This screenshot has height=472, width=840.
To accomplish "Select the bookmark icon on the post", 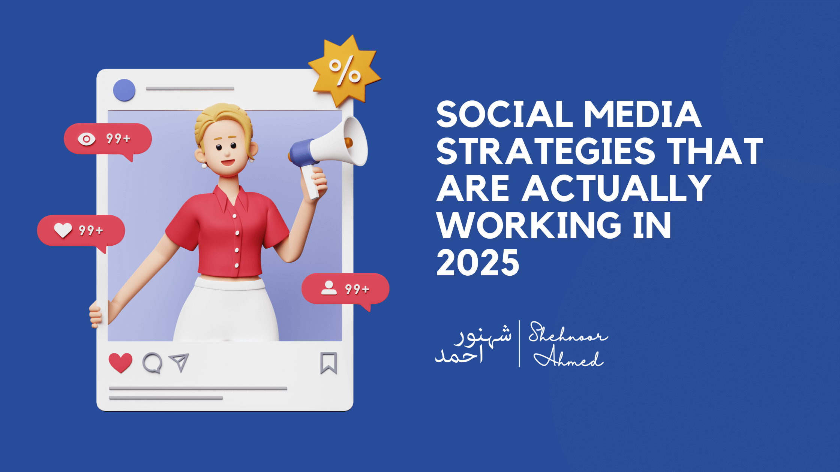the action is [x=328, y=363].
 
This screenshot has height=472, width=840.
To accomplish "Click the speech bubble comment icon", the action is [x=152, y=363].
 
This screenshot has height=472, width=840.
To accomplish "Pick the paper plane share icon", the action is [x=179, y=362].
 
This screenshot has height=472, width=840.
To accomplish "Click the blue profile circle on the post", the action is [x=124, y=90].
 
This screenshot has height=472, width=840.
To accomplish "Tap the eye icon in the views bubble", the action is [x=87, y=139].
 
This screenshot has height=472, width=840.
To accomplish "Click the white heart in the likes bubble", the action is [x=63, y=230].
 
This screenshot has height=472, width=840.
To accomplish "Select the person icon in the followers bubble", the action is [x=329, y=288].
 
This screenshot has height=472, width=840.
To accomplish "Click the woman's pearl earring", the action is [x=204, y=165].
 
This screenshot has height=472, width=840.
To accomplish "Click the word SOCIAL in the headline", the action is [x=505, y=114].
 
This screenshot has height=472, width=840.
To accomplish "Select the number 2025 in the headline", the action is [x=478, y=263].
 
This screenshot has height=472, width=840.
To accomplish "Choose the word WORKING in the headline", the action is [x=529, y=226].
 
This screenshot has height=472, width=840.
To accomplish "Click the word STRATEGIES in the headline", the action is [x=546, y=151].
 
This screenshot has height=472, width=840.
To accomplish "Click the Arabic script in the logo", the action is [x=473, y=344].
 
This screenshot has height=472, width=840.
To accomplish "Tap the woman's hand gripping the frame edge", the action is [x=96, y=314].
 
